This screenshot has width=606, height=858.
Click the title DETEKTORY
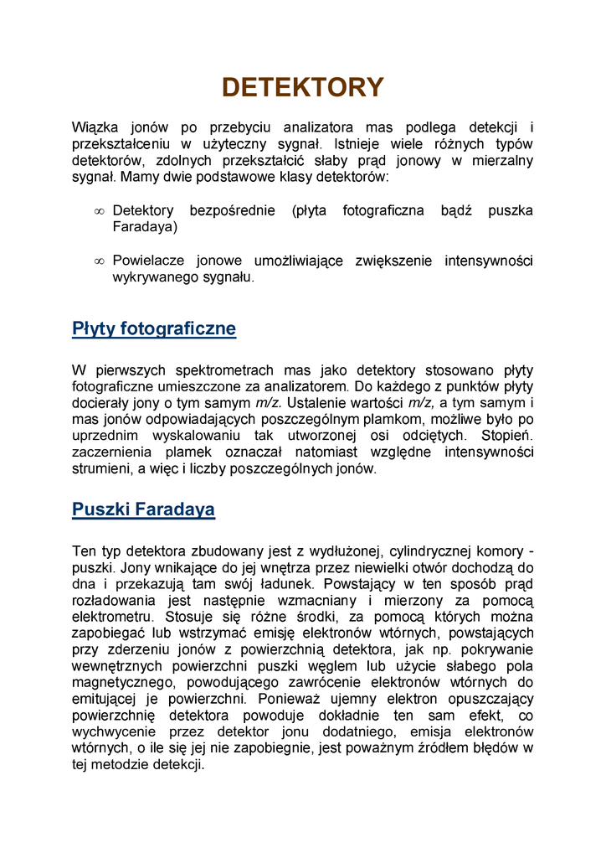coord(302,87)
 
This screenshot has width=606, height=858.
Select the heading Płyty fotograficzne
coord(154,328)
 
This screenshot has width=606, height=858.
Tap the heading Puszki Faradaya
coord(143,509)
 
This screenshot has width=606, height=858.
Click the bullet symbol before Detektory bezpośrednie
coord(99,212)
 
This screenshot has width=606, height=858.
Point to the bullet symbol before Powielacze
coord(99,262)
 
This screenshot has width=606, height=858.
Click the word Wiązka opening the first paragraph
coord(96,127)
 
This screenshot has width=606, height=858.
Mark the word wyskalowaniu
coord(197,436)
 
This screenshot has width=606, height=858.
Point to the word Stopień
coord(507,436)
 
